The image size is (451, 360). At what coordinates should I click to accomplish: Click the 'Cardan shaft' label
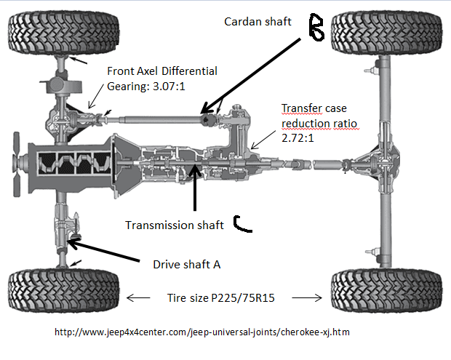(257, 22)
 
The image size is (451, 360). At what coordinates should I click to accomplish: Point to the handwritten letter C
(243, 225)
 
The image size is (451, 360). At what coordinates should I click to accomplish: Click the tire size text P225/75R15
(225, 297)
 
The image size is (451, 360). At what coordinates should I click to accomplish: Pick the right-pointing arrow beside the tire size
(313, 297)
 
